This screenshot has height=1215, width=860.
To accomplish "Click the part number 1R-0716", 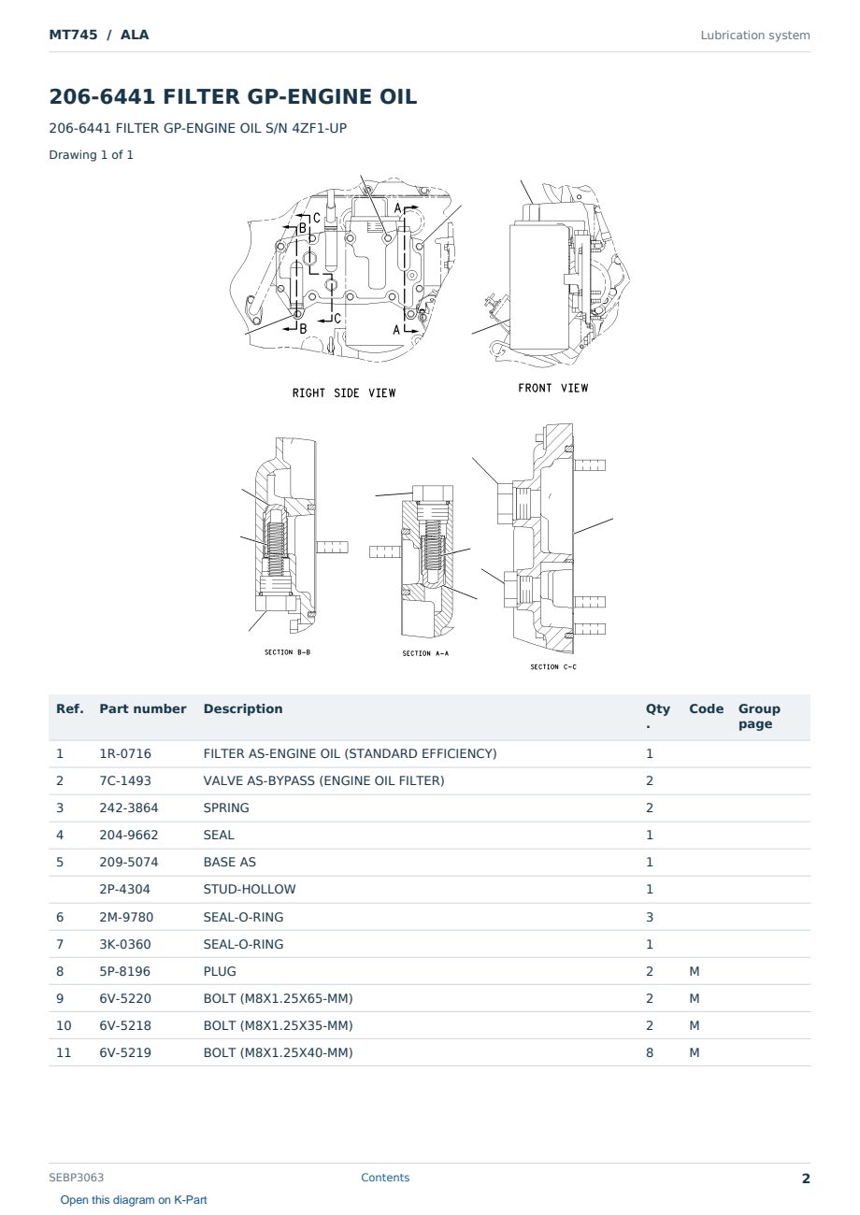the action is (125, 753).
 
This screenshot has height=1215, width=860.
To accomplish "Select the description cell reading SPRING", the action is (225, 808).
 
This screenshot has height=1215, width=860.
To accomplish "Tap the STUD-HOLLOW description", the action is (249, 889).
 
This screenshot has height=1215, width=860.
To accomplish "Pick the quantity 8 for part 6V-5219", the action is (650, 1052).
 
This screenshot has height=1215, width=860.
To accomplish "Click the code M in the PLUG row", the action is (694, 971).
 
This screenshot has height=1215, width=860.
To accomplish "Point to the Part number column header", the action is (143, 709).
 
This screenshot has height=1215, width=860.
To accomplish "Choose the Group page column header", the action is (759, 716).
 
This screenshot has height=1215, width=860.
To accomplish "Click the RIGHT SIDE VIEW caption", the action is (344, 393).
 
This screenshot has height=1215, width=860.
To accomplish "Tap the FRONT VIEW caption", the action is (552, 388).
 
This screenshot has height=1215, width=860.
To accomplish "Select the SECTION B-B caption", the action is (288, 652).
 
